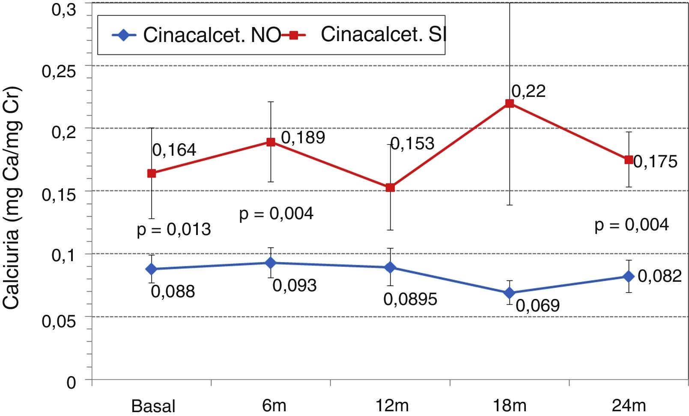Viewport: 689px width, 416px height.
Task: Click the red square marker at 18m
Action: (510, 103)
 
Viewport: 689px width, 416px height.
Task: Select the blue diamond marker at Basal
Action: (151, 269)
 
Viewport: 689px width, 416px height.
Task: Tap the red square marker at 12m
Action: (390, 187)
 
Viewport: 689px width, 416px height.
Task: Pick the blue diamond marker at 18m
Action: (510, 293)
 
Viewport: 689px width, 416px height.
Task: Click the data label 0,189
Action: (303, 137)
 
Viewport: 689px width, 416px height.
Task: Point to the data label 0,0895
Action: (410, 299)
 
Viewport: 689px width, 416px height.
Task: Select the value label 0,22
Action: (528, 91)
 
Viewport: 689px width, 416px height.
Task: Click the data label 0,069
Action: (537, 305)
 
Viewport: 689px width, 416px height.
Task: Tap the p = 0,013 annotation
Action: (174, 229)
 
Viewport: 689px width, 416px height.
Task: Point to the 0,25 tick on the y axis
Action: (59, 71)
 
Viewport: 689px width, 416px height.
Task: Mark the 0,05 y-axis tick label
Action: (59, 320)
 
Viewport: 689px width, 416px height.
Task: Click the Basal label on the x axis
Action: (153, 406)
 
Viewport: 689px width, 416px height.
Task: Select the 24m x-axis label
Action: (629, 405)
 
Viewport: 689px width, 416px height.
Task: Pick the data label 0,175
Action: (655, 162)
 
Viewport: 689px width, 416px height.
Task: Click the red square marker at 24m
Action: (629, 160)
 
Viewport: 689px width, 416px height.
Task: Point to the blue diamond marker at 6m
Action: (271, 262)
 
